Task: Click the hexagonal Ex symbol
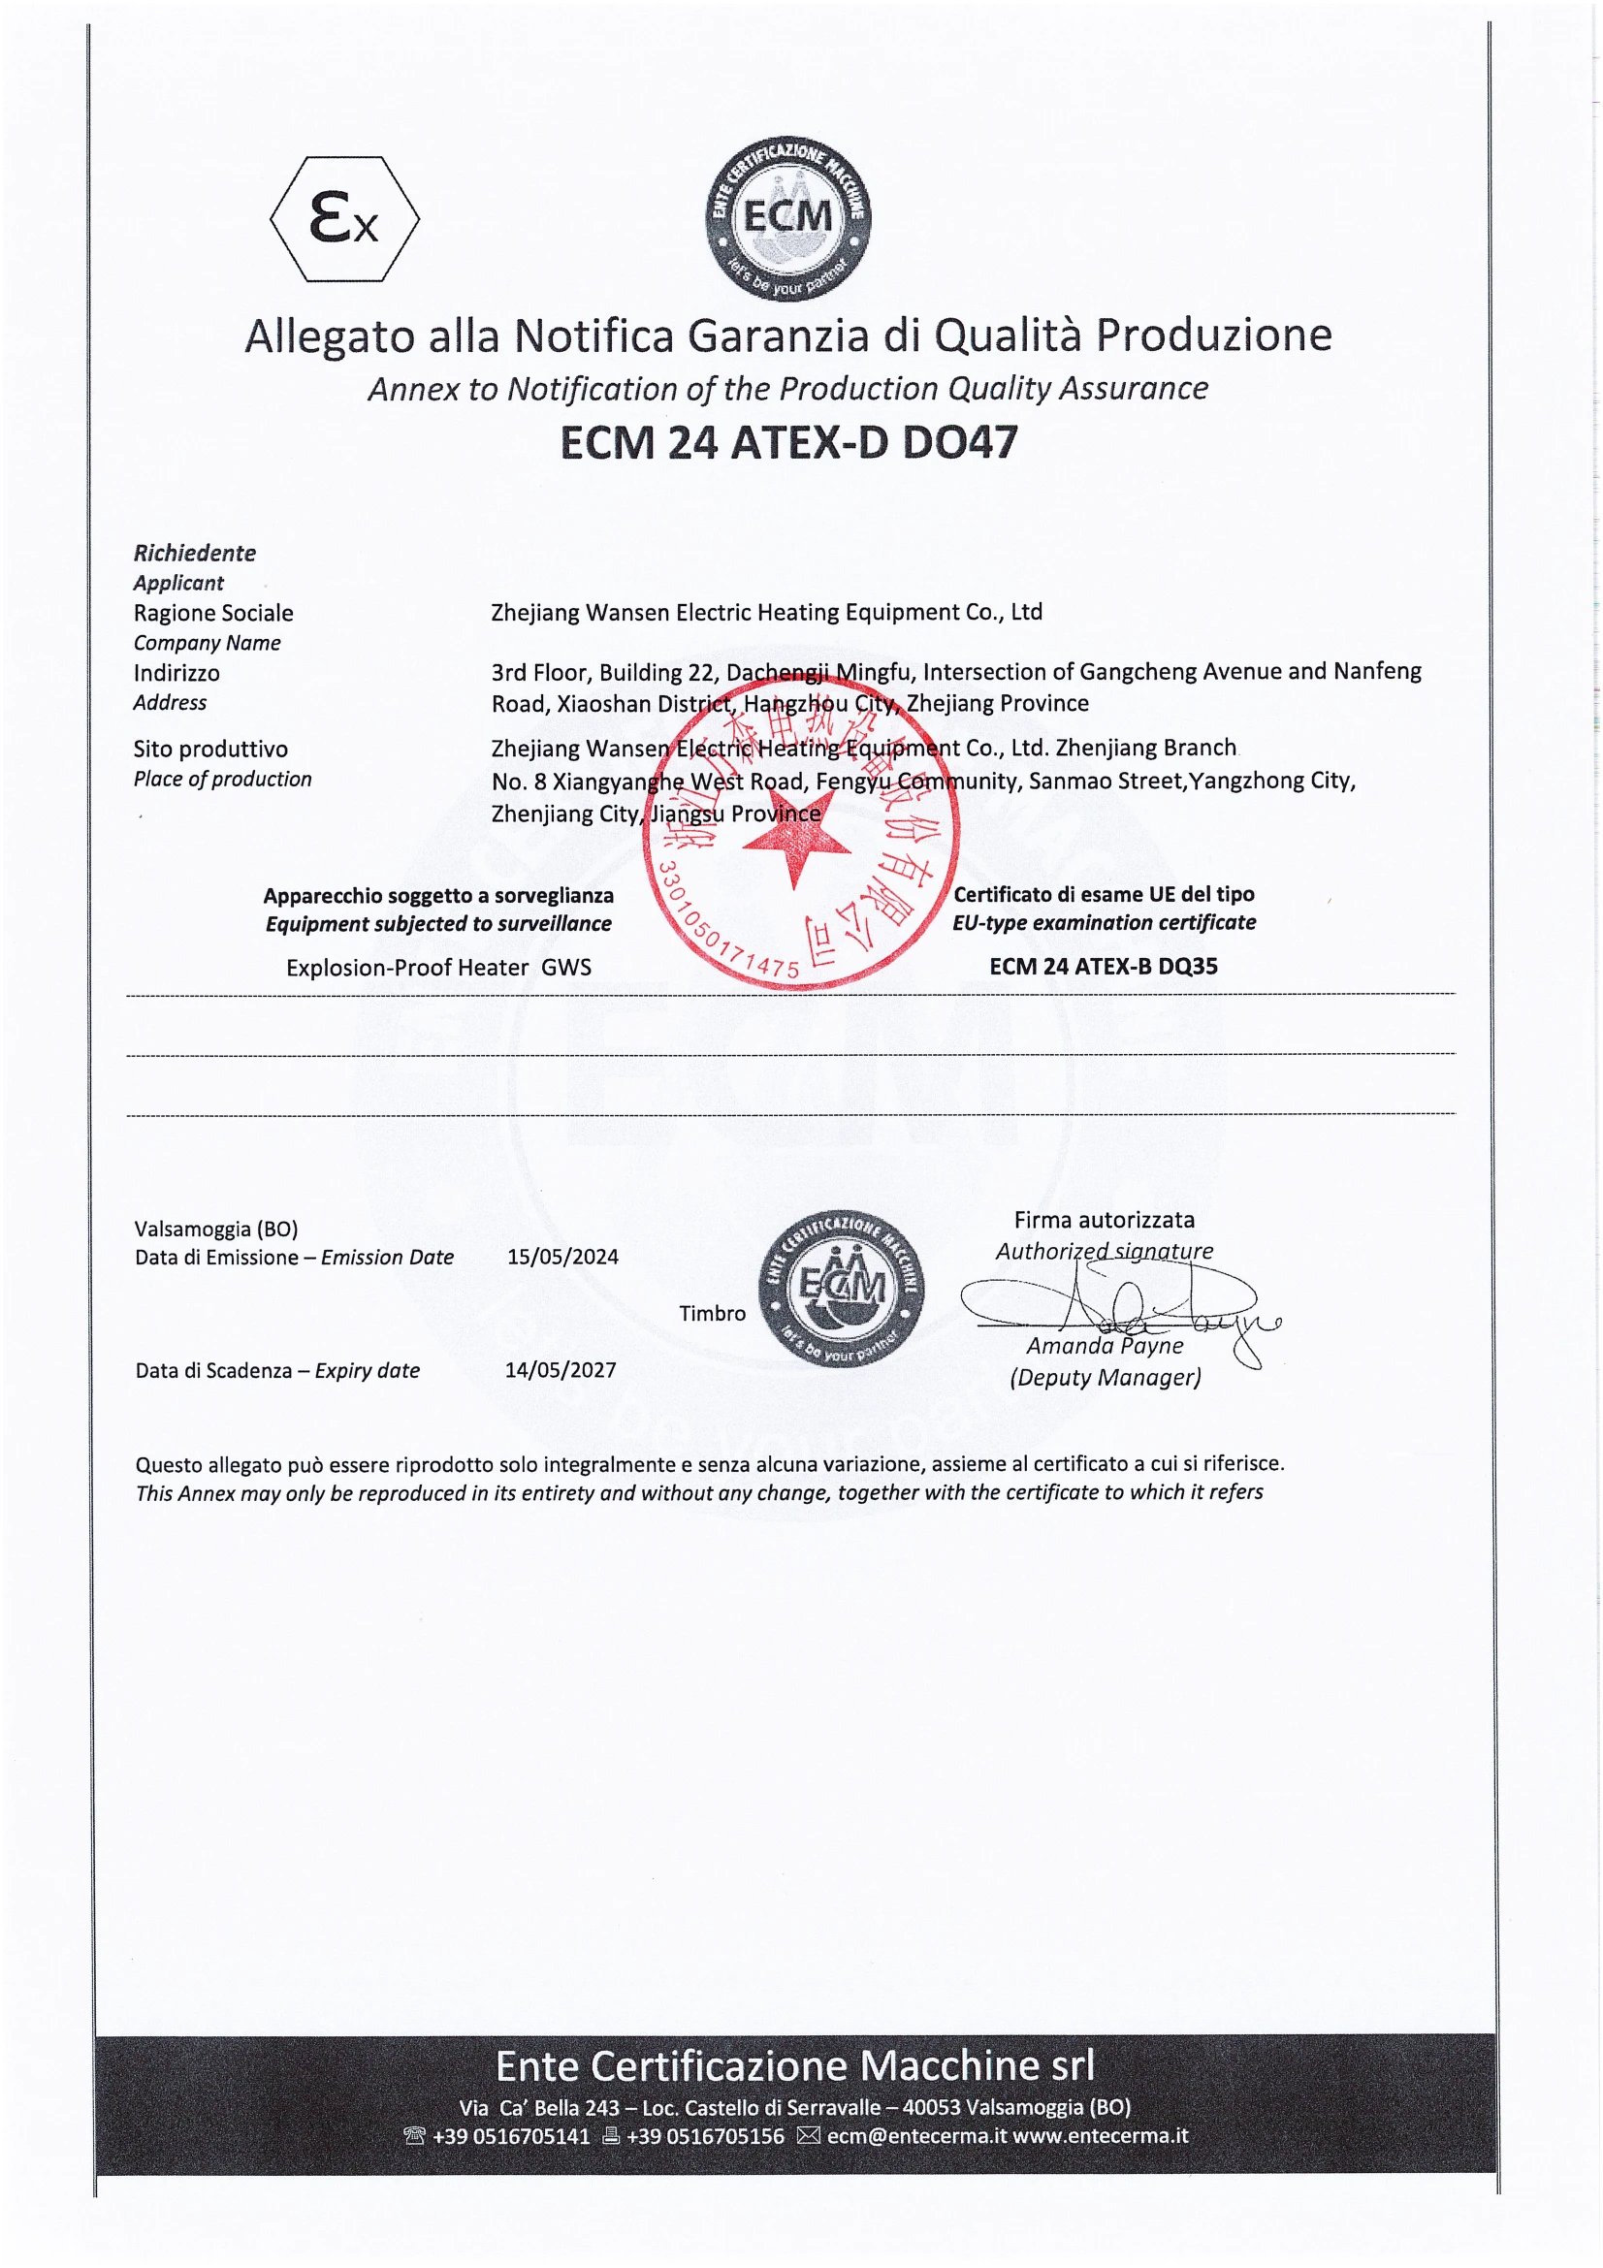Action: pos(343,219)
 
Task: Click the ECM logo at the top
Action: pos(787,218)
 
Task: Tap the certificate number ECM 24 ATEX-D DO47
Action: pos(788,442)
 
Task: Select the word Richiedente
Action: pos(195,553)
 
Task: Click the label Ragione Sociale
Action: pos(213,614)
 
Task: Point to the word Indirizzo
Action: pos(176,674)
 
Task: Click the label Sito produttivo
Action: pos(210,749)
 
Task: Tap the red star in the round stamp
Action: pos(796,846)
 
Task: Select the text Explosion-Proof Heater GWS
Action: pos(438,968)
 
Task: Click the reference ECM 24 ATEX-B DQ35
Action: pos(1104,966)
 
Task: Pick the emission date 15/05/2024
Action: pos(563,1257)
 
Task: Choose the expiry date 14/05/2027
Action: pos(560,1370)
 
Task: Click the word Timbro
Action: pos(712,1313)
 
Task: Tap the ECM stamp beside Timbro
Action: pos(841,1288)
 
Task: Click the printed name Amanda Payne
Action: pos(1105,1346)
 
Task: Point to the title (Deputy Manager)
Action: pos(1106,1377)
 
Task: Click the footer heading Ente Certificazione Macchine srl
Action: pos(795,2065)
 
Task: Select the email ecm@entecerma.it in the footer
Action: pos(915,2135)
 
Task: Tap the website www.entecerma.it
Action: pos(1101,2135)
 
